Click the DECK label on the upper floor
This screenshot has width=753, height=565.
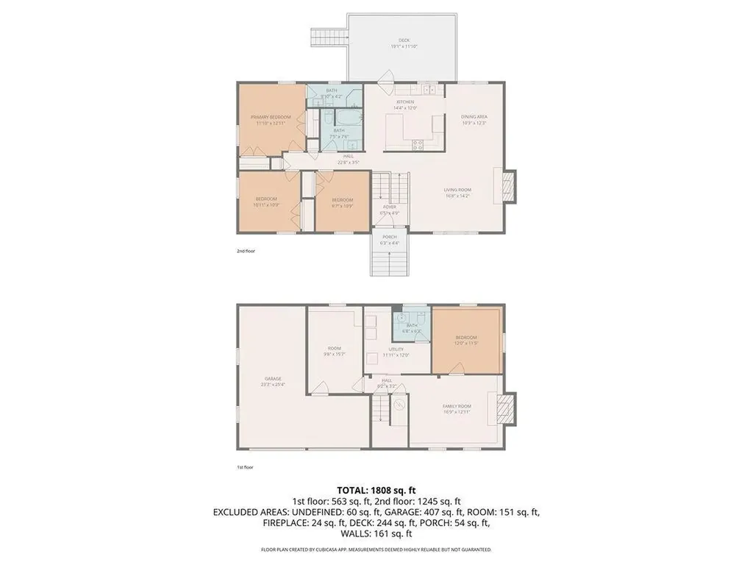pos(404,40)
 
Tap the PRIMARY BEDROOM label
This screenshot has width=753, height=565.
pos(271,118)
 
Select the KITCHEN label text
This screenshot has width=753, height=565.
pos(405,102)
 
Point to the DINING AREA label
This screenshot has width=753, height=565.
pos(474,117)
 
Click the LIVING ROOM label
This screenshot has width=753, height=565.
pos(457,190)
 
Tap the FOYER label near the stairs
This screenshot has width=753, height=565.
pos(389,207)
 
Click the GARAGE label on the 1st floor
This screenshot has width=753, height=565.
pos(274,379)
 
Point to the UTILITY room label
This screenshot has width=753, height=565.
pos(396,349)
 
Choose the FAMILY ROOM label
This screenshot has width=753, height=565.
pos(457,406)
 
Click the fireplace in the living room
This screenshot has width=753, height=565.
pos(508,185)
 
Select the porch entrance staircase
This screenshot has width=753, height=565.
pos(388,263)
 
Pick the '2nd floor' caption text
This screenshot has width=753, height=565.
pos(246,252)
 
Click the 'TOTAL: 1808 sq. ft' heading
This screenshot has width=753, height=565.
pos(376,489)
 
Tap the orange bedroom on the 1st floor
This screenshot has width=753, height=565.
pos(467,340)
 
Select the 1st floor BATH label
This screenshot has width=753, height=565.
pos(412,325)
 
